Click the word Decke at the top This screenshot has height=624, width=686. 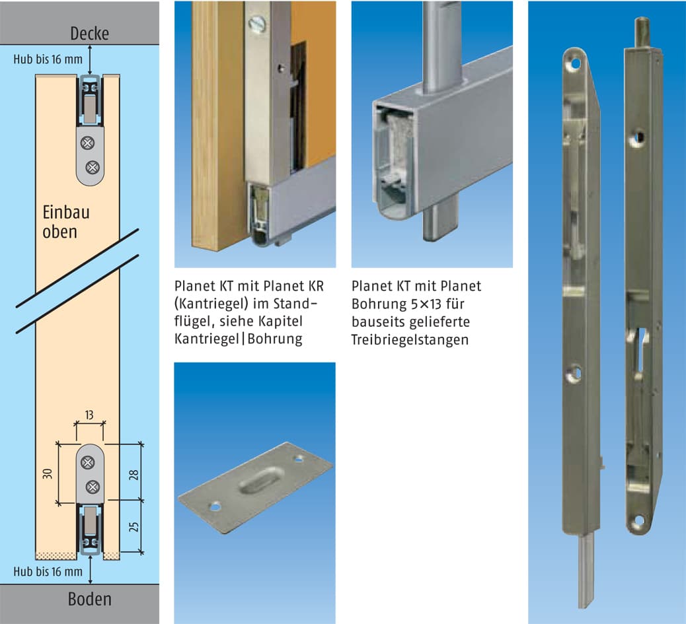pyautogui.click(x=89, y=33)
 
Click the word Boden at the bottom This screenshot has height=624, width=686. pyautogui.click(x=89, y=599)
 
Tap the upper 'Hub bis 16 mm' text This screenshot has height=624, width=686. pyautogui.click(x=48, y=59)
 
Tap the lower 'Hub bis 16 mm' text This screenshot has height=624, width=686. pyautogui.click(x=48, y=571)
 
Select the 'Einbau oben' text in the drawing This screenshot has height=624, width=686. pyautogui.click(x=65, y=222)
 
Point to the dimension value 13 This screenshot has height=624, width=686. pyautogui.click(x=89, y=415)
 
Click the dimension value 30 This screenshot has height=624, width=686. pyautogui.click(x=47, y=474)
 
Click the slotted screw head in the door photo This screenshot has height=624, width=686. pyautogui.click(x=257, y=24)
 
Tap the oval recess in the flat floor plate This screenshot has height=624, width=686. pyautogui.click(x=260, y=484)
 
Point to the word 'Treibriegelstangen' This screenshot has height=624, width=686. pyautogui.click(x=410, y=340)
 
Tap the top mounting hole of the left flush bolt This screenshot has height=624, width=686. pyautogui.click(x=575, y=63)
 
